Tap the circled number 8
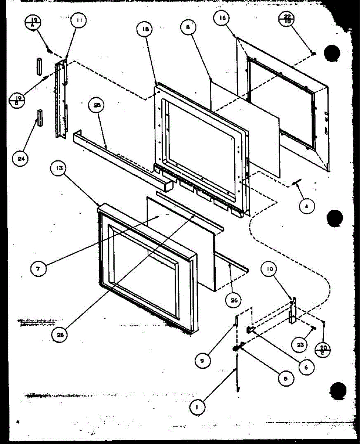188,28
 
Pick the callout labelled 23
300,345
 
